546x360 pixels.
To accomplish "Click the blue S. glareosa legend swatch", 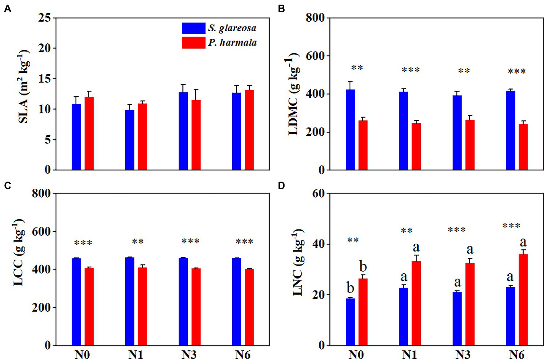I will tap(193, 28).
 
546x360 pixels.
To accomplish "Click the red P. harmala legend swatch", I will tap(193, 43).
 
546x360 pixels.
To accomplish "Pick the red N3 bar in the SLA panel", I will tap(196, 135).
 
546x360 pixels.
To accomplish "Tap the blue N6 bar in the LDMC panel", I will tap(510, 130).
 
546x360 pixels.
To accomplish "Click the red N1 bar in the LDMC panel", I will tap(416, 146).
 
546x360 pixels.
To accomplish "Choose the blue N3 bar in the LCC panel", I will tap(183, 301).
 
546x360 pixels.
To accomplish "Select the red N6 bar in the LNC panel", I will tap(523, 300).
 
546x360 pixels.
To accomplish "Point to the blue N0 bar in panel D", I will tap(350, 322).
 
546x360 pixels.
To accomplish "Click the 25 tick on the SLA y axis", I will tap(44, 18).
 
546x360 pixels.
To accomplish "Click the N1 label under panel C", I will tap(136, 355).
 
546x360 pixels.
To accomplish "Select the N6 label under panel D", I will tap(516, 355).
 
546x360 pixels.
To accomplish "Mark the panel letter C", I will tap(7, 186).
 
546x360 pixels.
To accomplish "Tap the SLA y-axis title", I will tap(23, 87).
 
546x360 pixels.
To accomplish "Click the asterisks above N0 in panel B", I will tap(357, 68).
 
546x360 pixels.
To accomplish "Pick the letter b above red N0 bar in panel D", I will tap(363, 267).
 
